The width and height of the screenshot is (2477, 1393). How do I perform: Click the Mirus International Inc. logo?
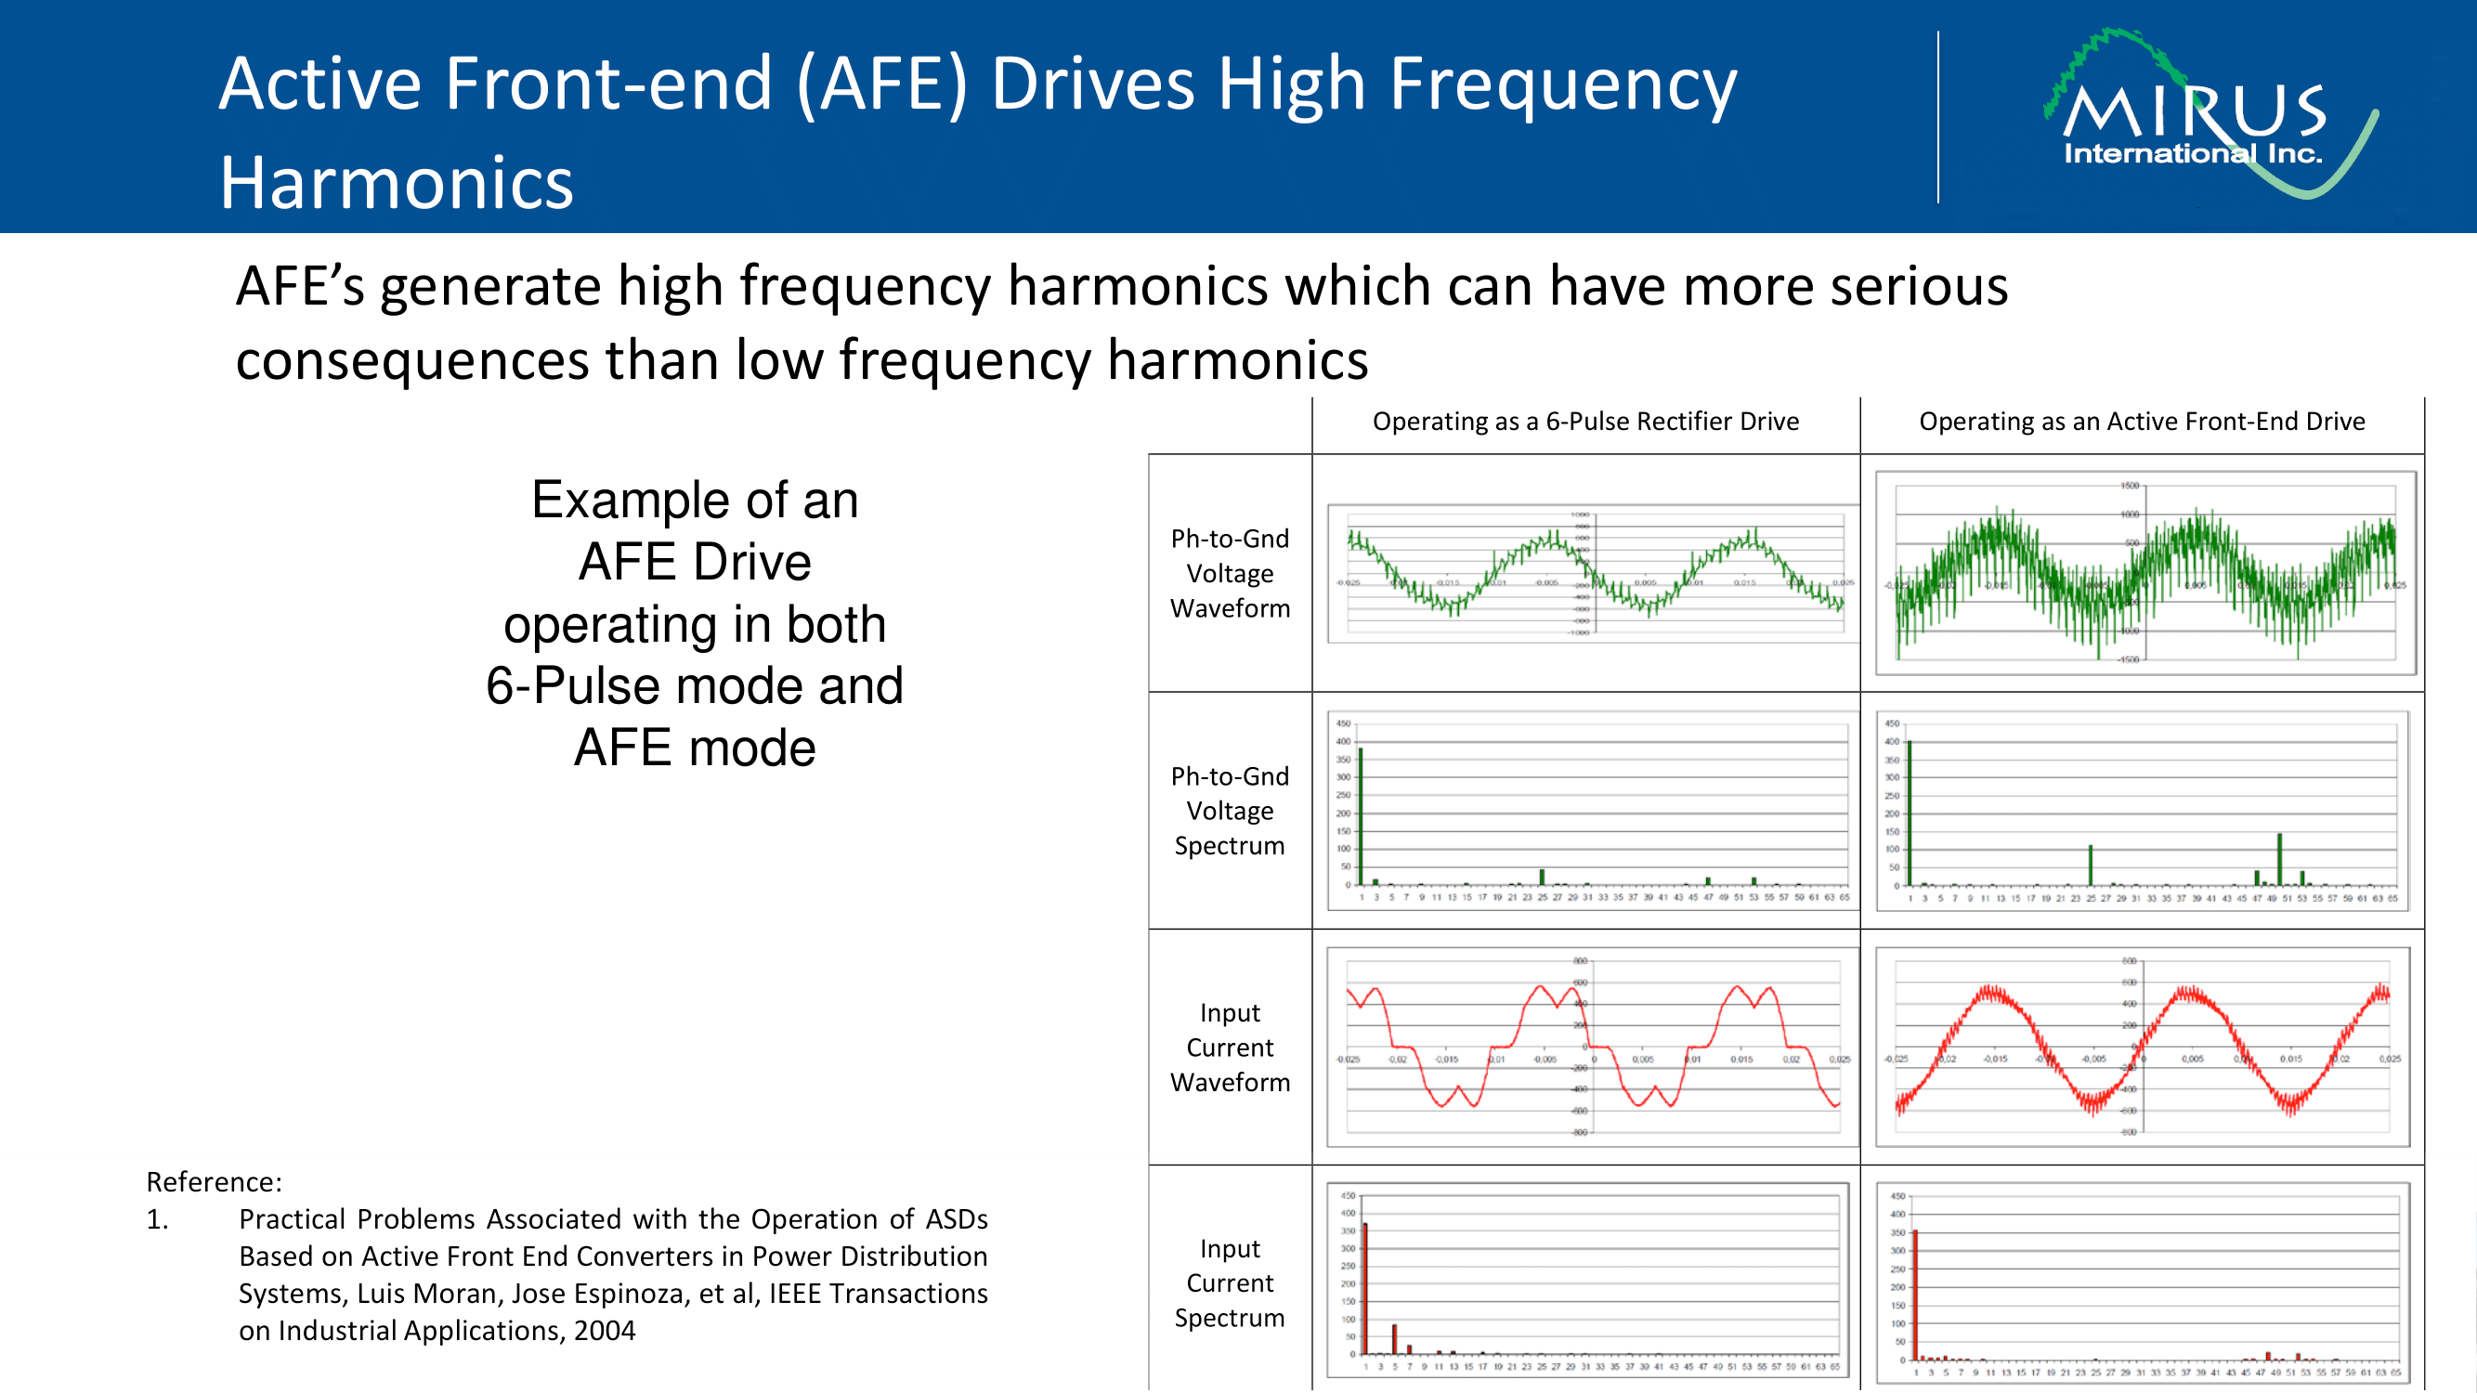coord(2202,115)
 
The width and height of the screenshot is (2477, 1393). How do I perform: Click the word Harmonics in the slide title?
coord(397,183)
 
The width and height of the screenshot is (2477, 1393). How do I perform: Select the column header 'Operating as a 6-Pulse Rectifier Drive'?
coord(1584,421)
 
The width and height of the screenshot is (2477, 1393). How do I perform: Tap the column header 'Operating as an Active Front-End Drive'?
coord(2142,421)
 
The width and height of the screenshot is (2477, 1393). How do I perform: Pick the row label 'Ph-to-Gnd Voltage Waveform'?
coord(1229,573)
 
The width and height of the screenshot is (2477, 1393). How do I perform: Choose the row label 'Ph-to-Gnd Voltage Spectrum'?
coord(1229,811)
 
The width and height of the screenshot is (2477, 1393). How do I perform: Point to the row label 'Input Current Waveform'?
coord(1229,1047)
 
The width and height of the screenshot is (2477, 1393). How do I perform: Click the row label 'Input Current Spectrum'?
coord(1229,1282)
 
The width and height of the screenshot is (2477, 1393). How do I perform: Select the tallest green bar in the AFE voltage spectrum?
coord(1909,813)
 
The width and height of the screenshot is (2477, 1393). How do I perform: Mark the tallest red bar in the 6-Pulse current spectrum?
coord(1364,1288)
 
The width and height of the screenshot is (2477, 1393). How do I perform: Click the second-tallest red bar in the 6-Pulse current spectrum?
coord(1394,1338)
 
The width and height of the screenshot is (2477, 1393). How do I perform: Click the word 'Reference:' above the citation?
coord(214,1181)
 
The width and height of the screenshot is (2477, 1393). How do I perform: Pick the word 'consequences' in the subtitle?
coord(411,359)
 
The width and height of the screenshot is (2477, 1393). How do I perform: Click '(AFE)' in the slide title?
coord(882,84)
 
